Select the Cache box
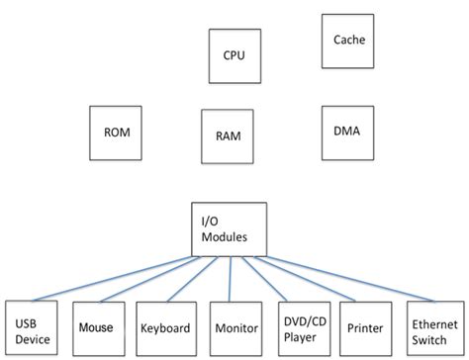click(349, 42)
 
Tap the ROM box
click(116, 131)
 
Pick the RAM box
click(230, 135)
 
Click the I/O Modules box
click(230, 228)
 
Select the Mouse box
click(96, 326)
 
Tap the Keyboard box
click(164, 326)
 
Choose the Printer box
click(366, 326)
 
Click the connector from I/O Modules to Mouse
click(148, 278)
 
